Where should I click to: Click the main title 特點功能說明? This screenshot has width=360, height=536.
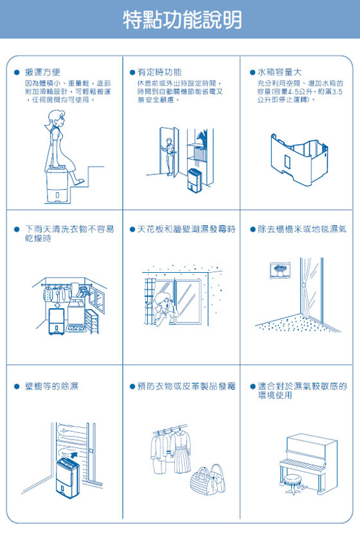tap(183, 20)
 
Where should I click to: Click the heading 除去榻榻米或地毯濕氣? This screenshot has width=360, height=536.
tap(301, 229)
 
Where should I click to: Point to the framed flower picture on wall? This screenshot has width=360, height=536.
tap(280, 269)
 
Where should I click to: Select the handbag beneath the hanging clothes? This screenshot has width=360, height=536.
tap(204, 479)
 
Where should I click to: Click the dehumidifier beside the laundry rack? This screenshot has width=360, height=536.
tap(57, 320)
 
